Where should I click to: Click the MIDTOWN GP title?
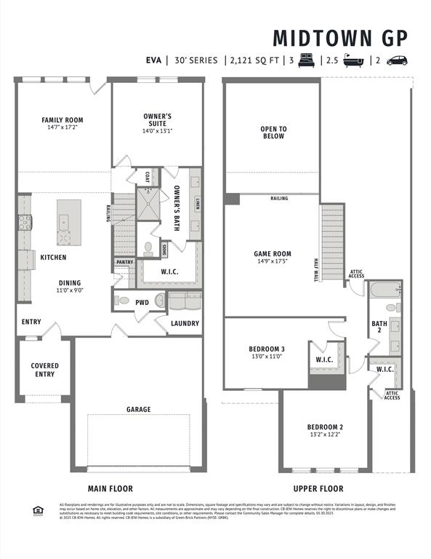click(x=340, y=38)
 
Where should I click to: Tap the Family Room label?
click(x=63, y=124)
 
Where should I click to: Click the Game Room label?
click(x=272, y=258)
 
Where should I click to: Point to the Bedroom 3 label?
click(x=267, y=352)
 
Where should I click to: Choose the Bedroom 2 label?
click(x=325, y=430)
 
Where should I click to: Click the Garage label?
click(x=138, y=410)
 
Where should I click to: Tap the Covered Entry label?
click(x=44, y=370)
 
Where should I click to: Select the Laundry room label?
click(x=185, y=323)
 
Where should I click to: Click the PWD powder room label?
click(x=142, y=301)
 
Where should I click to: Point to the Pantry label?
click(x=124, y=262)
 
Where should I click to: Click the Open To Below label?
click(x=273, y=132)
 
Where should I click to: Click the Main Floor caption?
click(x=110, y=488)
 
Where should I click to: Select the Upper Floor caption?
click(x=318, y=488)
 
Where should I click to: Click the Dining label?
click(x=70, y=286)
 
